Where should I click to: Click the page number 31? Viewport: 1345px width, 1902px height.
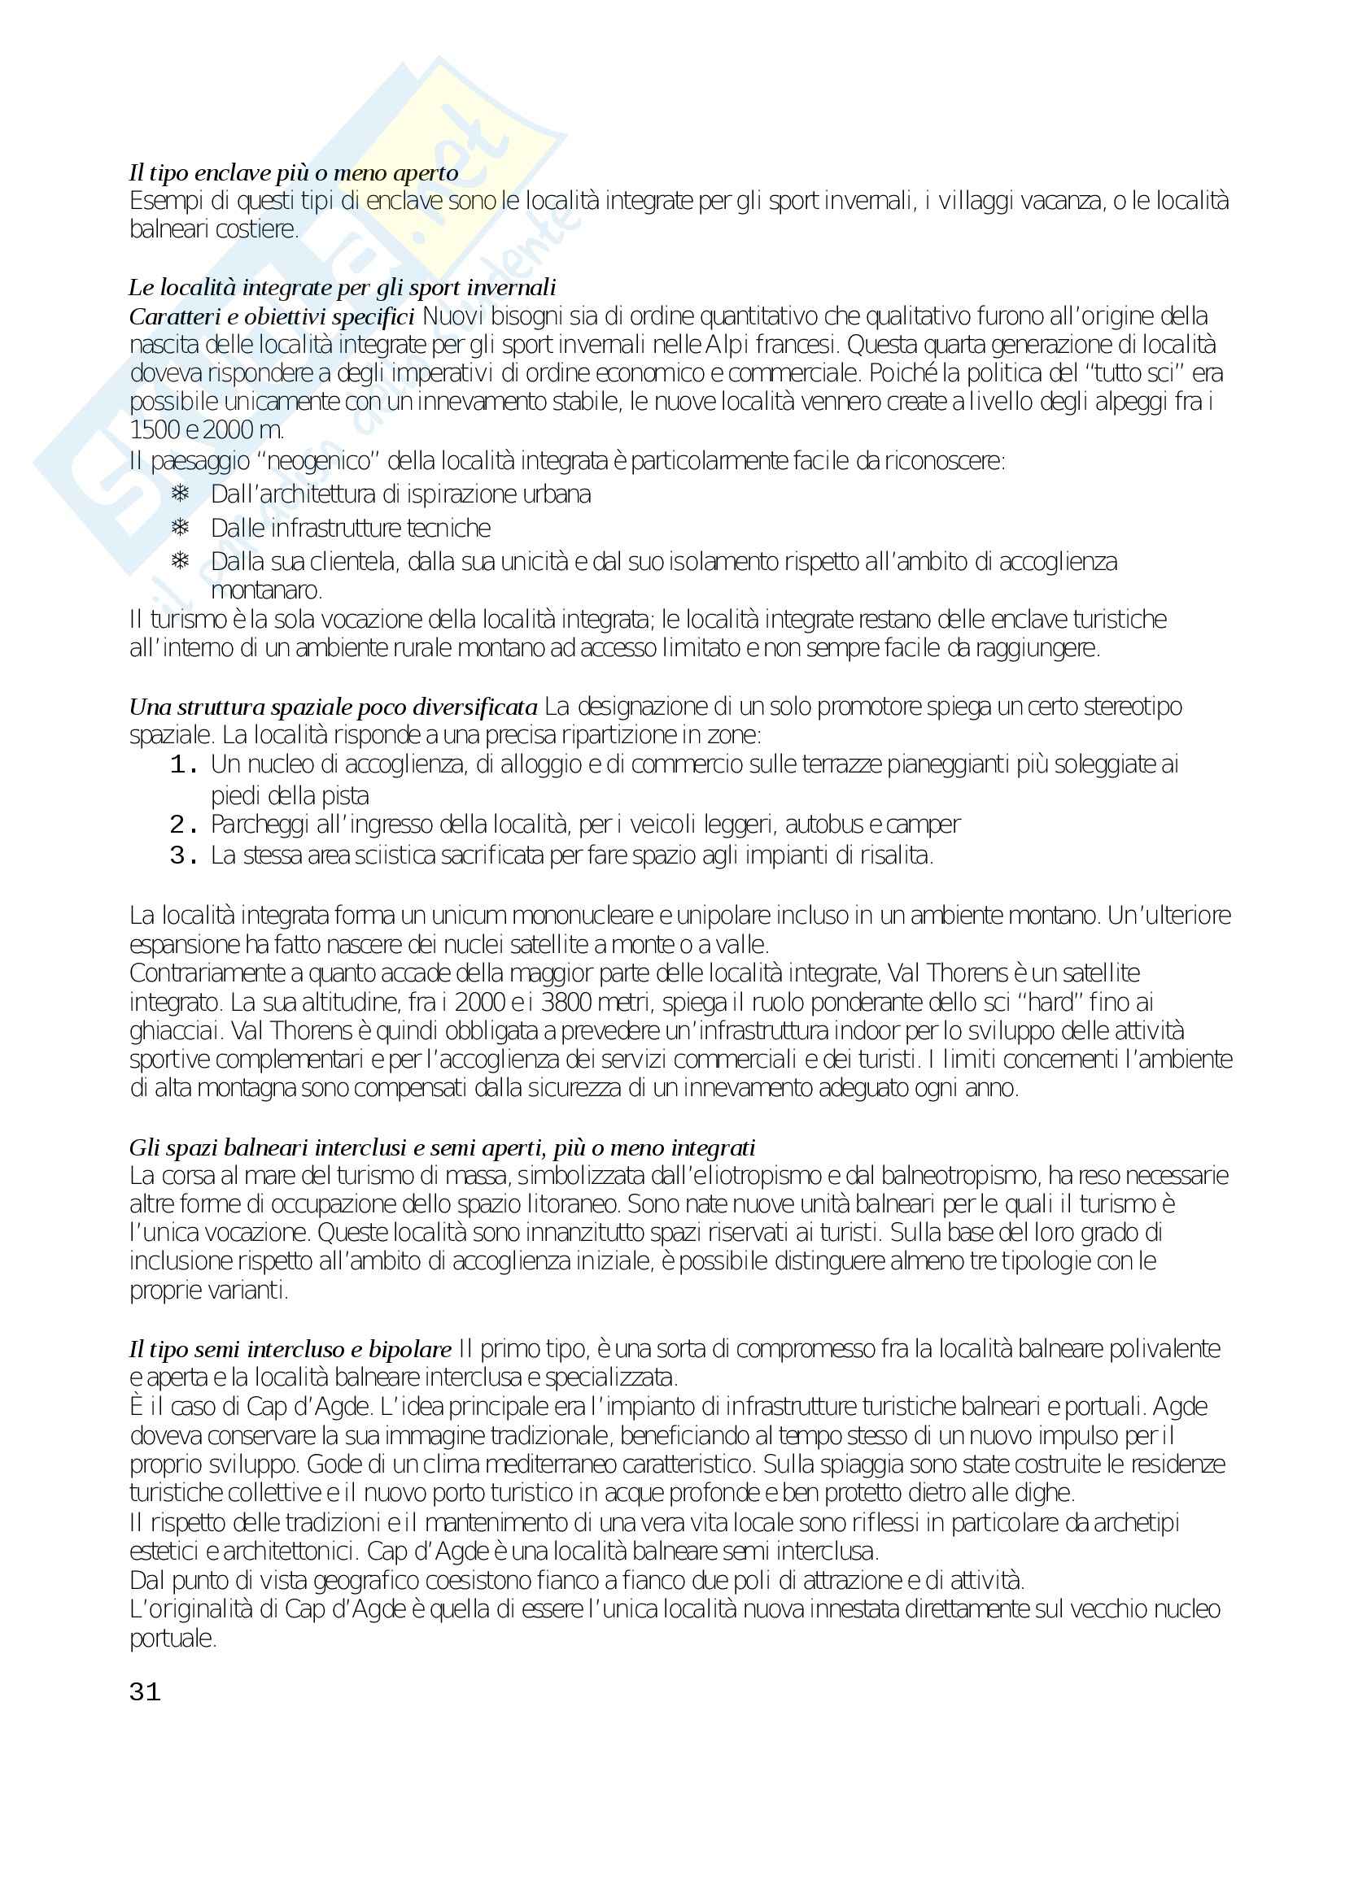point(145,1691)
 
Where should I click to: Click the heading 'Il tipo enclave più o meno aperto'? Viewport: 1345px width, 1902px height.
point(294,173)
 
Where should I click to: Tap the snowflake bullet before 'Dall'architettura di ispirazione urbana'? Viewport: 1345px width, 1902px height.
point(180,494)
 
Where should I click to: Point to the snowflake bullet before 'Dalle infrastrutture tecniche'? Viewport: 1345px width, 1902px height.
point(180,528)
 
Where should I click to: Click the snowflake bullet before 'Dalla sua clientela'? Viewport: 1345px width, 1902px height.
point(180,562)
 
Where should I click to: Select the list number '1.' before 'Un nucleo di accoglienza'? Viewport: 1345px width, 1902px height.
point(183,764)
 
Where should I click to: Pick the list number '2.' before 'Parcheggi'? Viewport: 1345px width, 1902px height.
point(183,825)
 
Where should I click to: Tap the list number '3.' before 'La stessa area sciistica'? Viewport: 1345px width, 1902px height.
point(183,855)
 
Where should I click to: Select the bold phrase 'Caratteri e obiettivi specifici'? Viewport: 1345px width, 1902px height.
point(271,317)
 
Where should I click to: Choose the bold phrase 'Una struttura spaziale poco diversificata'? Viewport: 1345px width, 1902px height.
point(333,707)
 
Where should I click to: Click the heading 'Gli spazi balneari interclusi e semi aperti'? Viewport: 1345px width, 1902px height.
point(442,1148)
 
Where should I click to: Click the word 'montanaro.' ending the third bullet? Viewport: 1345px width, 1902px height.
point(266,590)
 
